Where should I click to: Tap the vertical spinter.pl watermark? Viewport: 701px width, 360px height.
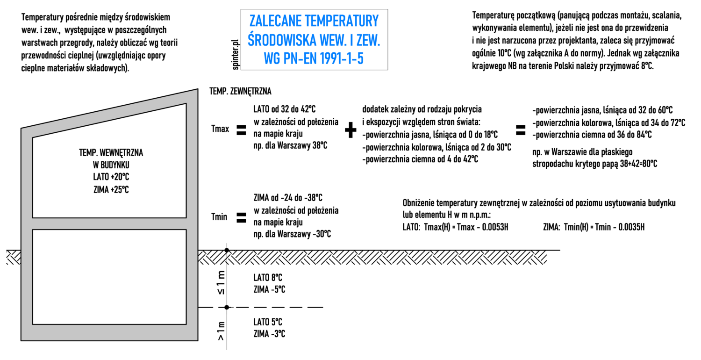(x=236, y=55)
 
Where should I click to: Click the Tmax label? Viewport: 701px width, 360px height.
(x=220, y=129)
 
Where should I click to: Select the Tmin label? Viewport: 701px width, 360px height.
(x=219, y=216)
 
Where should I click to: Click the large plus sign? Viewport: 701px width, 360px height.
(x=350, y=130)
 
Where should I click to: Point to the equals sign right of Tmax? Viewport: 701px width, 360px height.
(x=241, y=130)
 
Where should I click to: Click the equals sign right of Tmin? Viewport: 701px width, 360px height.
(x=241, y=217)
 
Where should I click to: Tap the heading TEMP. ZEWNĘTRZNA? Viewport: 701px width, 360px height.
(x=240, y=92)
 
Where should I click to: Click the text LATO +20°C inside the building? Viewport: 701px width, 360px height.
(x=111, y=177)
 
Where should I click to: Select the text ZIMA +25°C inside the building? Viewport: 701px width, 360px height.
(x=111, y=190)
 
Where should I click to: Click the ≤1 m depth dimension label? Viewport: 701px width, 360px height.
(x=221, y=283)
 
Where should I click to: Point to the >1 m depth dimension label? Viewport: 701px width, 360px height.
(x=221, y=331)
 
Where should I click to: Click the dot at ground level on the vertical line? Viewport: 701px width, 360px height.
(x=227, y=250)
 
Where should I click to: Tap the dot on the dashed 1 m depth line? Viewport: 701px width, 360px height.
(x=227, y=308)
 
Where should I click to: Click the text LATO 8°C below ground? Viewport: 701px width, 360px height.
(x=268, y=278)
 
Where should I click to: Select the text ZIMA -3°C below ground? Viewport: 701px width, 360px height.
(x=270, y=334)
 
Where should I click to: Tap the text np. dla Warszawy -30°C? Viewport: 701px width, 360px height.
(x=292, y=234)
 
